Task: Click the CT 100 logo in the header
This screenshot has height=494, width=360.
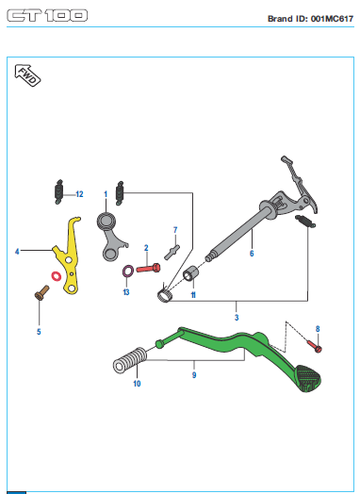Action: point(47,15)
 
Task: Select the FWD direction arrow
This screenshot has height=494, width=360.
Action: point(27,75)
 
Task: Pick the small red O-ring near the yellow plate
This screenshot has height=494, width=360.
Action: point(57,276)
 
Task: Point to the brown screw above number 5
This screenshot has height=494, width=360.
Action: point(41,292)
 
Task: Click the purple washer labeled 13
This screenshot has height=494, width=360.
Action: point(128,271)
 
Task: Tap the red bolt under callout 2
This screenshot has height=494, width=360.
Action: point(148,269)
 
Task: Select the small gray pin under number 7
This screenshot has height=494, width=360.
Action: point(172,252)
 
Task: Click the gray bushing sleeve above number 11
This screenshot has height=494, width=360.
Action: point(191,273)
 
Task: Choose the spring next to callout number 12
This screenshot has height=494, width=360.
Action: point(58,192)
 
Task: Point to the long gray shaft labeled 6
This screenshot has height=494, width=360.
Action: point(239,232)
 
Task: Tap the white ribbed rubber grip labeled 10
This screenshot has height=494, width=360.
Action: point(129,361)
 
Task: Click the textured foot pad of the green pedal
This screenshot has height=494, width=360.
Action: point(308,378)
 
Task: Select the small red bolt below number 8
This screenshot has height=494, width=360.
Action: point(315,346)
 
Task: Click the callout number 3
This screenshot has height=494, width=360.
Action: point(237,318)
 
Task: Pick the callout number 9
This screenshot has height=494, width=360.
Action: point(194,375)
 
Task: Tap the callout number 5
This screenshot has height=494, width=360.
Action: point(39,332)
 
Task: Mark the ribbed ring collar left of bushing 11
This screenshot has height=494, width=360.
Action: point(165,295)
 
